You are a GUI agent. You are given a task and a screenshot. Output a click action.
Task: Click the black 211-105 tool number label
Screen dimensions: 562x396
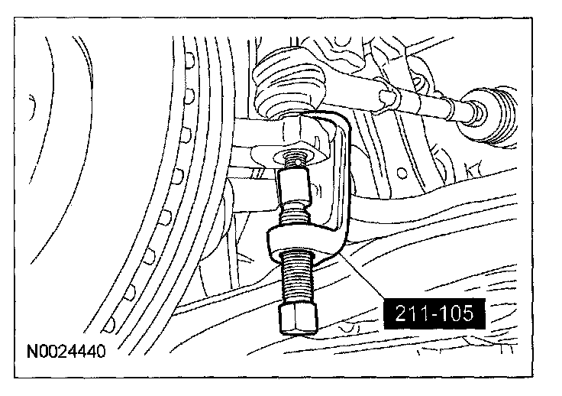pyautogui.click(x=434, y=314)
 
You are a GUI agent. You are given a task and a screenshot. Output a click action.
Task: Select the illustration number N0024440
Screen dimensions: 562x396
pyautogui.click(x=66, y=351)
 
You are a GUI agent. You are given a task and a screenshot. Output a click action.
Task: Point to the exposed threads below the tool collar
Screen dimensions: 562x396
pyautogui.click(x=297, y=277)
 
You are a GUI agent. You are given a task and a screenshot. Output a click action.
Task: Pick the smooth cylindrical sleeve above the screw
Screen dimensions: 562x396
pyautogui.click(x=294, y=187)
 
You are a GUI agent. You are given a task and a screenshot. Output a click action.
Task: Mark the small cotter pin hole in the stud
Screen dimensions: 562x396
pyautogui.click(x=299, y=162)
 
